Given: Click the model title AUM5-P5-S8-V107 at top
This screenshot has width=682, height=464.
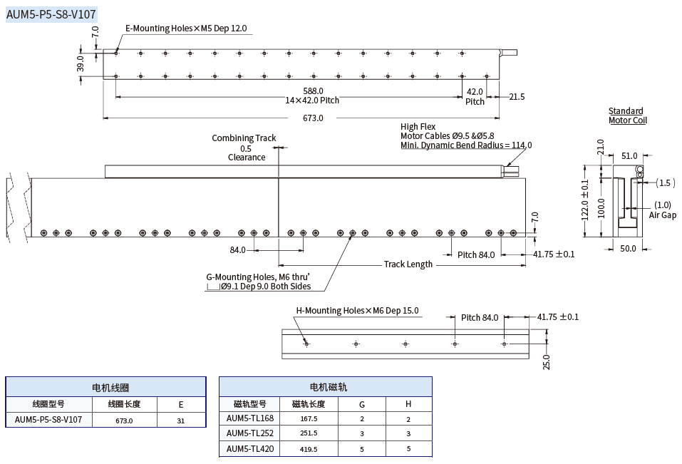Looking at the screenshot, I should tap(51, 14).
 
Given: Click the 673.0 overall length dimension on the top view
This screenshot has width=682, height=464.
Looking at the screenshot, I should tap(313, 118).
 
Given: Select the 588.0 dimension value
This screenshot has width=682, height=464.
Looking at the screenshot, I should tap(313, 91).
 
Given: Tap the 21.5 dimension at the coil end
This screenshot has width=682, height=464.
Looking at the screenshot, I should tap(516, 97).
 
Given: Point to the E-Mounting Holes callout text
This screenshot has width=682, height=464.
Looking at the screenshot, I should tap(186, 29).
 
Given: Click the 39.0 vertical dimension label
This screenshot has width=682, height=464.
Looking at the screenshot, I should tap(81, 64).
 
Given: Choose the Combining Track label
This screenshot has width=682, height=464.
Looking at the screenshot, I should tap(244, 138).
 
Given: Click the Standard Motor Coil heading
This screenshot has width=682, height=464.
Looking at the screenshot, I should tap(626, 115).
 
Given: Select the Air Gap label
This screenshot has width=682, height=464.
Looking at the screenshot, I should tap(662, 215).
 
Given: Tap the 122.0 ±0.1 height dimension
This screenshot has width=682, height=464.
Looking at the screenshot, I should tap(585, 200).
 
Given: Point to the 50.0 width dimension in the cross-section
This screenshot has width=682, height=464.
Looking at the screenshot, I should tap(627, 249).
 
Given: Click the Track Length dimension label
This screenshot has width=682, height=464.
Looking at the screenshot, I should tap(408, 264).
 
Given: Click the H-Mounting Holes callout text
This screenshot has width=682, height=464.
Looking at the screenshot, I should tap(357, 311).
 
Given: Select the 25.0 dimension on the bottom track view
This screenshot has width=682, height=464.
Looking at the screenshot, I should tap(547, 361).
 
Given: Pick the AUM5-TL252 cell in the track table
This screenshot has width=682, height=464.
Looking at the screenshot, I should tap(250, 433).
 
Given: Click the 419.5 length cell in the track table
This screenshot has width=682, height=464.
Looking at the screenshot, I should tap(309, 449).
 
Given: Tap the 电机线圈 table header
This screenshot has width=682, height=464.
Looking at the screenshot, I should tap(105, 387).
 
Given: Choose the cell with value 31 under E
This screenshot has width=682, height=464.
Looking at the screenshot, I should tap(181, 421).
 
